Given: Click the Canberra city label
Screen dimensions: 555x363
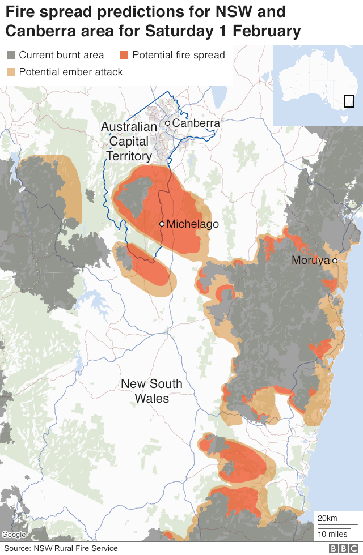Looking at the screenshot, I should (x=196, y=123).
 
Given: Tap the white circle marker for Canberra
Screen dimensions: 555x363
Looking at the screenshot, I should (x=168, y=123).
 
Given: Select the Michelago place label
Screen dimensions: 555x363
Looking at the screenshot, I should (x=192, y=224).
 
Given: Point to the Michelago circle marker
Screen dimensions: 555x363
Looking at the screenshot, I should (x=162, y=224).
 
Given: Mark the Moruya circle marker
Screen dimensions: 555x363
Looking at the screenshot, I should (x=335, y=261).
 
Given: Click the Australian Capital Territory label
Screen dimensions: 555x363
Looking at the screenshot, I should (x=129, y=142).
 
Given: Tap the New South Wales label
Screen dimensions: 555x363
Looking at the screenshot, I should (x=151, y=391).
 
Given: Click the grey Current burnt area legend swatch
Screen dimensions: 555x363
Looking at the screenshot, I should (x=11, y=55).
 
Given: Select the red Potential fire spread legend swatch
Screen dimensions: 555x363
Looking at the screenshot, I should (x=124, y=55).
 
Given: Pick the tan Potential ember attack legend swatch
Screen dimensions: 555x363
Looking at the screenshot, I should (x=11, y=72).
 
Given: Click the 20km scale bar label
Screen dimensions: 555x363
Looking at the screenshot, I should (x=327, y=518).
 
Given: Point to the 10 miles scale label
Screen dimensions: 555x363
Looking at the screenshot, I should (x=332, y=534).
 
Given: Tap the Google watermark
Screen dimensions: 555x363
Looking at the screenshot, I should (x=14, y=535).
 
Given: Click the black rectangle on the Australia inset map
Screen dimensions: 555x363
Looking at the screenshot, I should (x=349, y=101).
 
